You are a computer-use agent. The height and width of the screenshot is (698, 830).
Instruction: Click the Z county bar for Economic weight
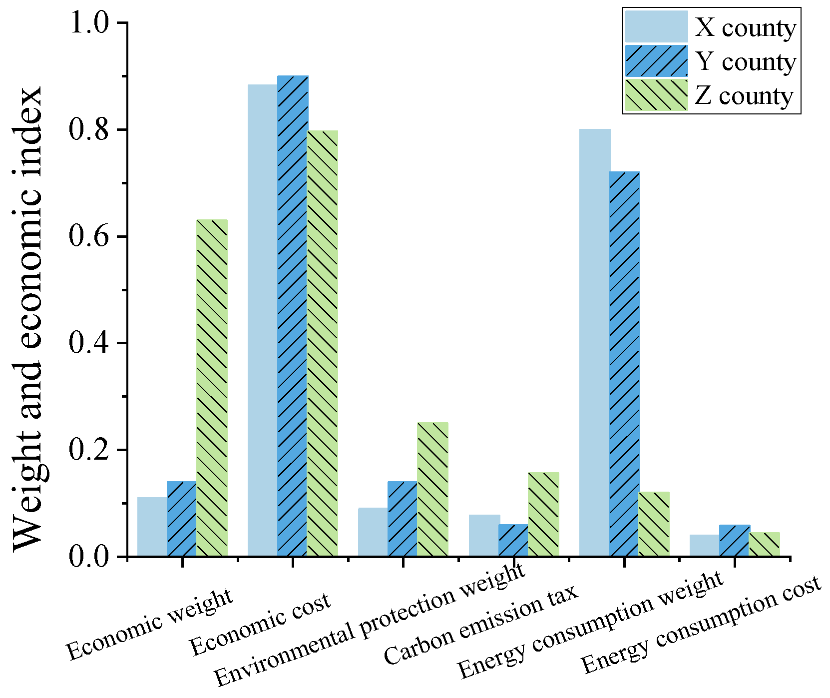[212, 388]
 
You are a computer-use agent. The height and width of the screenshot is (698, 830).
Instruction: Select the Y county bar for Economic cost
[293, 316]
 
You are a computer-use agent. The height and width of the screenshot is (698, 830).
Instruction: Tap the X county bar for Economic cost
[263, 320]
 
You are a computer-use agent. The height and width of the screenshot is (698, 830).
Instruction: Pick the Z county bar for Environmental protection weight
[433, 489]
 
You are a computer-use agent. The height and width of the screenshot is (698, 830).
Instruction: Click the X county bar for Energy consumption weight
[594, 343]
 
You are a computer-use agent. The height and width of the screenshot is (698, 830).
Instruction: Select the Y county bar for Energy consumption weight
[624, 364]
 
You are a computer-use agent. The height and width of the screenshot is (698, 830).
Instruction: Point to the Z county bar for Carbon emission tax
[543, 514]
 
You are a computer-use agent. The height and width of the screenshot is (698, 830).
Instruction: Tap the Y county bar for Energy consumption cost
[735, 541]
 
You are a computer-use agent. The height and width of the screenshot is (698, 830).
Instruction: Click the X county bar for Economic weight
[152, 527]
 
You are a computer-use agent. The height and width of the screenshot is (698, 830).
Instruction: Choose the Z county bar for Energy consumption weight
[654, 524]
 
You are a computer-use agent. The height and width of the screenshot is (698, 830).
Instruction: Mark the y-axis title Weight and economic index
[28, 320]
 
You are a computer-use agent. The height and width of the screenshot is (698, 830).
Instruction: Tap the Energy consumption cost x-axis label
[701, 624]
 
